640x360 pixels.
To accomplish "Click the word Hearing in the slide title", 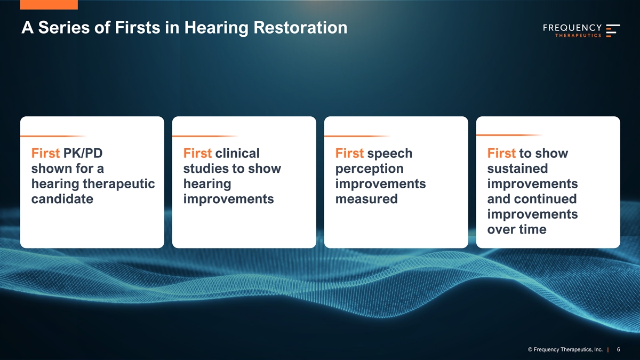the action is pyautogui.click(x=217, y=28).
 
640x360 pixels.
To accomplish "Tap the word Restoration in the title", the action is pyautogui.click(x=300, y=27).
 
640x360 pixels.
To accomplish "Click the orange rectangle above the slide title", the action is pyautogui.click(x=49, y=5).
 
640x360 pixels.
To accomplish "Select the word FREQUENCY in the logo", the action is pyautogui.click(x=572, y=28).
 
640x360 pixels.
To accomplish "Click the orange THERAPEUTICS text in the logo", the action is pyautogui.click(x=578, y=35).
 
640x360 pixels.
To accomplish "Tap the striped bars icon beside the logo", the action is pyautogui.click(x=613, y=30).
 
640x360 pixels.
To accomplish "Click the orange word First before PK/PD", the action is pyautogui.click(x=45, y=153).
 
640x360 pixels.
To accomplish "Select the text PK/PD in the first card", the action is pyautogui.click(x=83, y=153).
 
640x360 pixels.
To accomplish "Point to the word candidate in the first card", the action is pyautogui.click(x=62, y=199).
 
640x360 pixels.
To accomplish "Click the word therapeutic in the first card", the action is pyautogui.click(x=119, y=184).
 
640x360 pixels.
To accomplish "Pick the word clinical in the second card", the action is pyautogui.click(x=237, y=153).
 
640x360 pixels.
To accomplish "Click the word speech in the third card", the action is pyautogui.click(x=390, y=154).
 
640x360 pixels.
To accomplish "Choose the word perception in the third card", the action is pyautogui.click(x=370, y=169).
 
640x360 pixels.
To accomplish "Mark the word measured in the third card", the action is pyautogui.click(x=366, y=199).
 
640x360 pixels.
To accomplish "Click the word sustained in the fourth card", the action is pyautogui.click(x=517, y=169).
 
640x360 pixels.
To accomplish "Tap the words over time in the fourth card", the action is pyautogui.click(x=517, y=229).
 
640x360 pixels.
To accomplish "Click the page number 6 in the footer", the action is pyautogui.click(x=619, y=349).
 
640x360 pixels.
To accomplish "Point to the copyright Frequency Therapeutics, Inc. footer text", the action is pyautogui.click(x=565, y=350).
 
